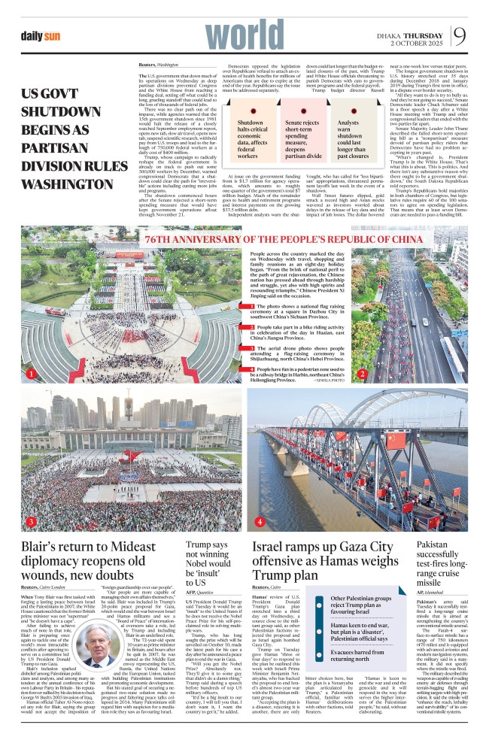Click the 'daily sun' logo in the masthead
point(41,35)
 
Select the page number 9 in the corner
point(467,35)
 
